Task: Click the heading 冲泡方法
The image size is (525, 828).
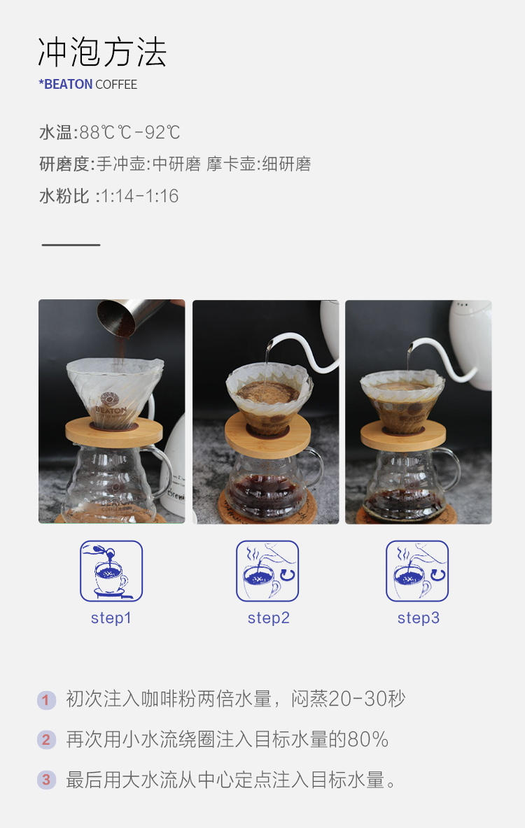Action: (102, 52)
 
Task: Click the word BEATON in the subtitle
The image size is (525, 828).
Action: (68, 85)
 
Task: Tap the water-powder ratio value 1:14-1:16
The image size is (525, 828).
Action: (139, 196)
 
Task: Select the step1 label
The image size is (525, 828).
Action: (111, 618)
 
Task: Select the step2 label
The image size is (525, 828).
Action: (269, 618)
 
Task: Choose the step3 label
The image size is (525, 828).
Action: (418, 618)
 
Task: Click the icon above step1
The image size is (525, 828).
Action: (111, 571)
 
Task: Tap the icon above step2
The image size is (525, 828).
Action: (267, 571)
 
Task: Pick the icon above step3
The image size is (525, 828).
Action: (417, 571)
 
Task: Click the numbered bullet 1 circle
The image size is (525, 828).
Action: (46, 700)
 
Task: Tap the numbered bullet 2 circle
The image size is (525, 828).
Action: (46, 739)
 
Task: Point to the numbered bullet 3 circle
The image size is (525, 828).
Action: (46, 780)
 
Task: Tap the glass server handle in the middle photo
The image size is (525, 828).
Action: (312, 467)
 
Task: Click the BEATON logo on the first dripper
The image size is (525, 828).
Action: (110, 404)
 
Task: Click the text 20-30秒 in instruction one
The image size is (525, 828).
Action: (366, 699)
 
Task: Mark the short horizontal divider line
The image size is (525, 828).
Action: (71, 245)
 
